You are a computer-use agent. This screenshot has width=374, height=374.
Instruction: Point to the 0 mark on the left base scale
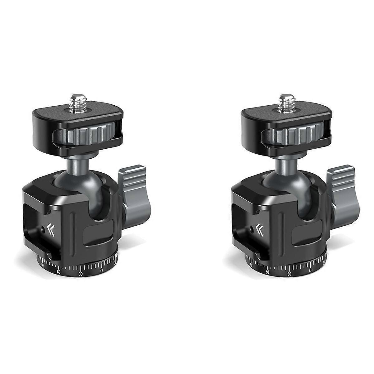click(x=102, y=271)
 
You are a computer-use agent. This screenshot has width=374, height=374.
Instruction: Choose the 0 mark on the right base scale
click(x=310, y=271)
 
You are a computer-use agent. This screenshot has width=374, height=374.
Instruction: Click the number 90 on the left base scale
click(x=42, y=265)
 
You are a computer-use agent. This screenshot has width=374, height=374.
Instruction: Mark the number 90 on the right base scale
click(x=251, y=265)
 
